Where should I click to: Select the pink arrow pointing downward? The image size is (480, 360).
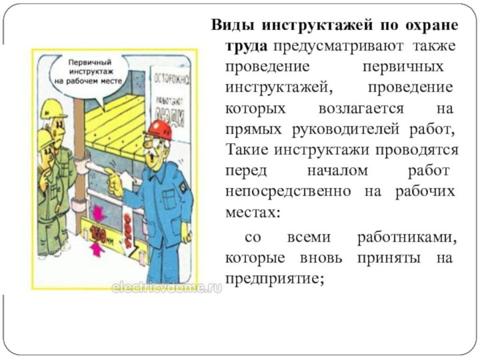coord(97,215)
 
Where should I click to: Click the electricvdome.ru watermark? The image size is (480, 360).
coord(166,287)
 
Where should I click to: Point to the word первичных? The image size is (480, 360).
coord(403,67)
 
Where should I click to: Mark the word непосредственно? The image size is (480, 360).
coord(289,191)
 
